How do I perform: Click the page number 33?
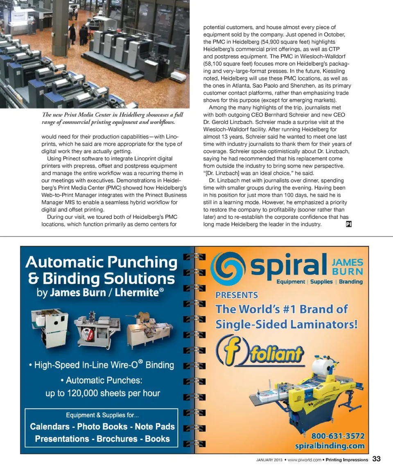(x=376, y=459)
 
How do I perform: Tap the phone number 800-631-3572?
(x=338, y=436)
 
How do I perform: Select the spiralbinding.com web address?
(x=330, y=446)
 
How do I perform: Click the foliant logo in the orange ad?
(x=261, y=351)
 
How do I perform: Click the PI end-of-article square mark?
(x=349, y=224)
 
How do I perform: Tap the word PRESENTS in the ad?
(x=237, y=295)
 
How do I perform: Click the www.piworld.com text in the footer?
(x=304, y=460)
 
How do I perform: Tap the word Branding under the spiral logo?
(x=350, y=282)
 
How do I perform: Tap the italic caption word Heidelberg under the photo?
(x=117, y=114)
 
